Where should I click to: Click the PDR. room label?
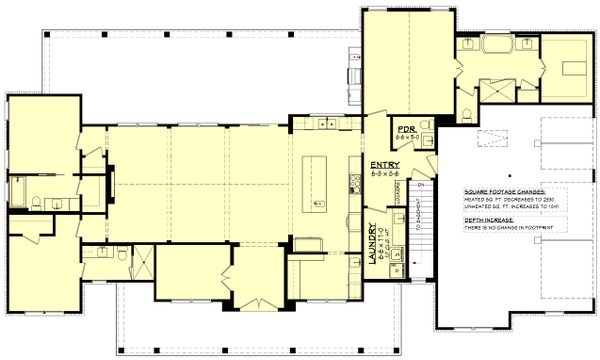pos(406,129)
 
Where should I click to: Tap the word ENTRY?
pos(386,164)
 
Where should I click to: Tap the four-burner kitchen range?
pos(354,183)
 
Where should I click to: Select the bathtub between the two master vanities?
pos(496,46)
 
